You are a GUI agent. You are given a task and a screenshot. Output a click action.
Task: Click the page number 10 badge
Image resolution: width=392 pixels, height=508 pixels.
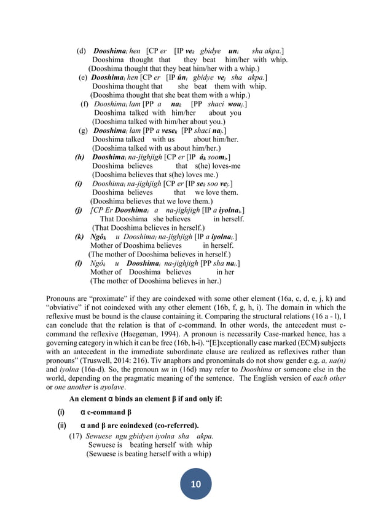196,484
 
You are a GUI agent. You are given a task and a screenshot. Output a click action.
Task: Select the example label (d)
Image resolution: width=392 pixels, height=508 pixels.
81,50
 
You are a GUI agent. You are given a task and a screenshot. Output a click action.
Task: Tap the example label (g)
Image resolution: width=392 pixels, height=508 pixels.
83,131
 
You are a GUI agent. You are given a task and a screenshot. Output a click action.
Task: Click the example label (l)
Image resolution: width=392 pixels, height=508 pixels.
79,263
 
